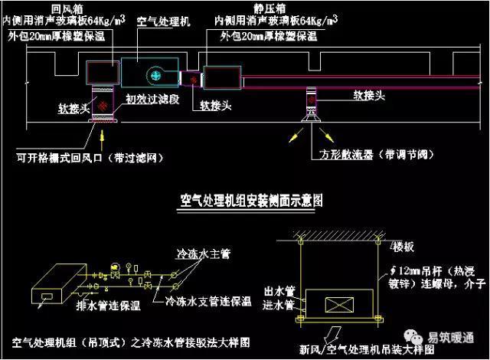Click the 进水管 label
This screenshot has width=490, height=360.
point(279,305)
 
